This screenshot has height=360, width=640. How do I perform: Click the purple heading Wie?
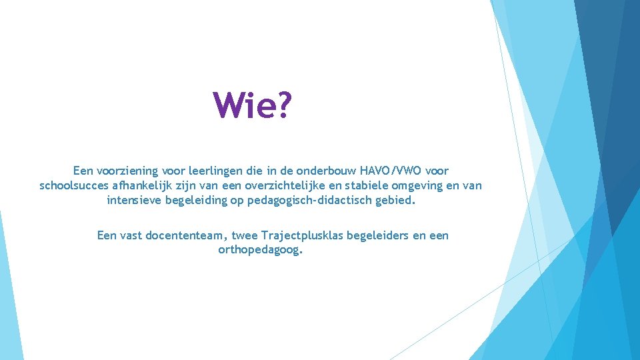[x=252, y=106]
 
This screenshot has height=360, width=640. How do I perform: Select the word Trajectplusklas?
[x=301, y=235]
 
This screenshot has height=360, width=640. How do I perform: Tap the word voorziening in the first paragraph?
[x=127, y=171]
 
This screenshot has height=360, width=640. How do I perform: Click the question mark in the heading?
[x=283, y=106]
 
